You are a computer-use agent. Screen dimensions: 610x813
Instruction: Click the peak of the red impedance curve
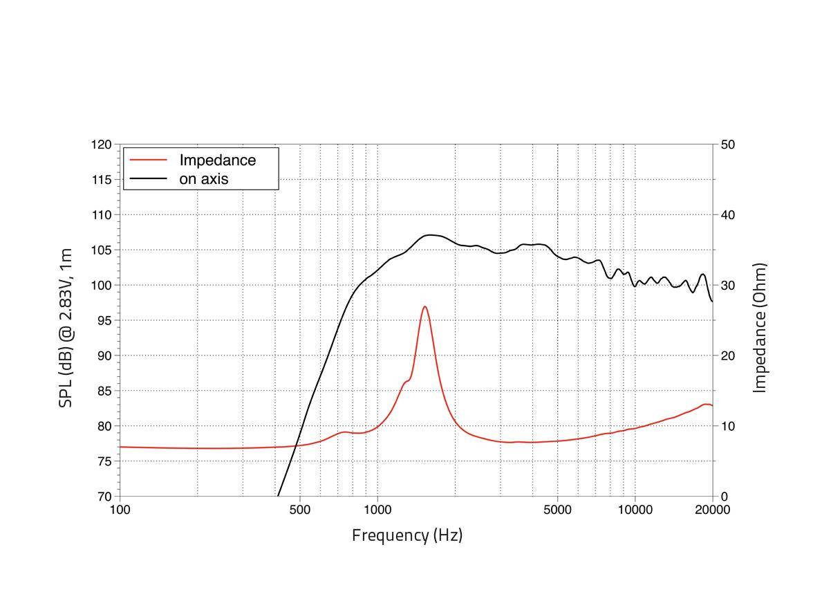click(424, 306)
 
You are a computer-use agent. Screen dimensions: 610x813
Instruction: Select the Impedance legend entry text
click(217, 160)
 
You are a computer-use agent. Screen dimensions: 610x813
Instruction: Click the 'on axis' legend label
click(203, 178)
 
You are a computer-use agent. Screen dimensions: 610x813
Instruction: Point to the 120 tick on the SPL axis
click(101, 145)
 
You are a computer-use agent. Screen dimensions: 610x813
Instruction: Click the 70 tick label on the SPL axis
click(103, 497)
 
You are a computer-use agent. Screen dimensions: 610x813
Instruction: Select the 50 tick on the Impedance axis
click(727, 145)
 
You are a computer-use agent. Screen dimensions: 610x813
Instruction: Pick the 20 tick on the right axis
click(727, 355)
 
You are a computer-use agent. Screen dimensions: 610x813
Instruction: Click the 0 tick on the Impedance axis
click(723, 497)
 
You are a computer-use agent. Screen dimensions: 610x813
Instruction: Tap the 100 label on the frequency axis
click(120, 510)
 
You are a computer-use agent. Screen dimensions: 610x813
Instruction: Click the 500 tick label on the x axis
click(299, 510)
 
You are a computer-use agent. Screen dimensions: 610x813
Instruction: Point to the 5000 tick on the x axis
click(557, 510)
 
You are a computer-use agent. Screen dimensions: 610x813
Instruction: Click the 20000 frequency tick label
click(712, 510)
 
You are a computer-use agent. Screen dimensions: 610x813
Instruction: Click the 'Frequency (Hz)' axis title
click(406, 535)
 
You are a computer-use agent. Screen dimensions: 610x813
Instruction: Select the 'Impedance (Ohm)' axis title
click(760, 327)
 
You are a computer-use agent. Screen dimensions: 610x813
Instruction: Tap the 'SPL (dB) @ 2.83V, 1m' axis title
click(66, 327)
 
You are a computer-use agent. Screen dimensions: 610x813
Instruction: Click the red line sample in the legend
click(148, 160)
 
